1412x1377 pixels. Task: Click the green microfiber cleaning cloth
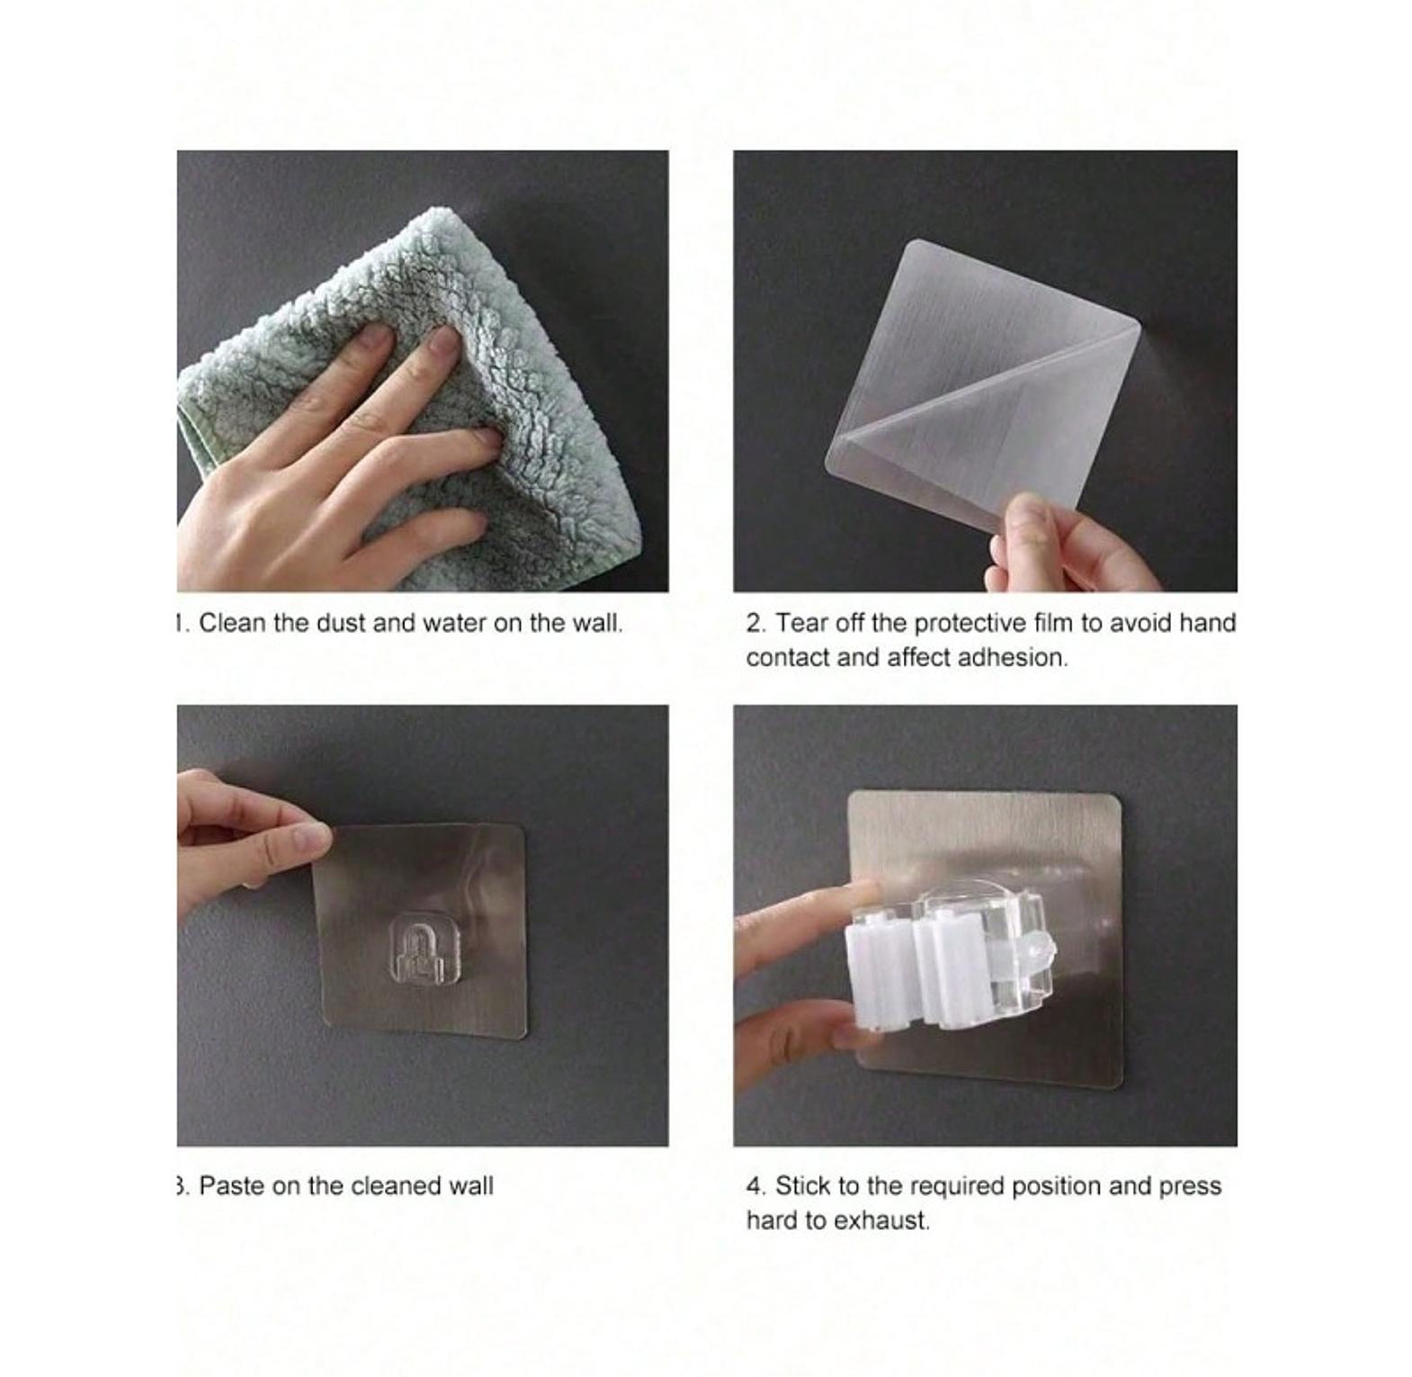point(423,396)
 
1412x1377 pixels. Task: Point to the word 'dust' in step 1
point(341,623)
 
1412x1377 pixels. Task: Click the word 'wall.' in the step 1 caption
point(595,623)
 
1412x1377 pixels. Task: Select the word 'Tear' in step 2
point(802,623)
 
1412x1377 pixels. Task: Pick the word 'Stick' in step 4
point(803,1185)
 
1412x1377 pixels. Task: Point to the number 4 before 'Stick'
point(754,1185)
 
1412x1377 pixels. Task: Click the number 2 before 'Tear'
point(754,623)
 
